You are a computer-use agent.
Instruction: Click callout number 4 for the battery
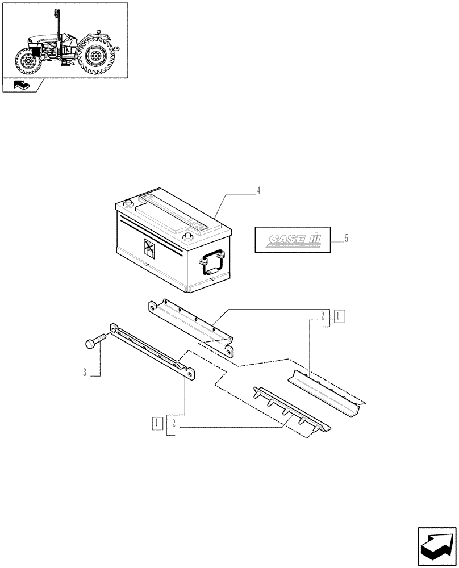click(258, 191)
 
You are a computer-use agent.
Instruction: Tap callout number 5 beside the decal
click(346, 238)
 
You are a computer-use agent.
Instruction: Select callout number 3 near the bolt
click(85, 373)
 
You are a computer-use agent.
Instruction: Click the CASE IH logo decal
click(287, 240)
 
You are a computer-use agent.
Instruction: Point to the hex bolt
click(94, 342)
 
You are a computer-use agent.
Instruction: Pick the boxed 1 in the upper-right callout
click(339, 316)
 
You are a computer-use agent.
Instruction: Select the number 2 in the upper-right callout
click(322, 316)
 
